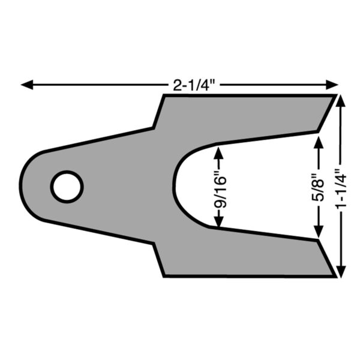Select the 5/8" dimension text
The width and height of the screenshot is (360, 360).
tap(319, 187)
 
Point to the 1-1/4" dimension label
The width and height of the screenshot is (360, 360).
tap(341, 189)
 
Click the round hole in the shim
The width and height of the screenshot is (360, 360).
tap(67, 187)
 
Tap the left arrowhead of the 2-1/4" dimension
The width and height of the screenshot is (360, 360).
tap(27, 85)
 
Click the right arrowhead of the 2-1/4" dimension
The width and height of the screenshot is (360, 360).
tap(332, 85)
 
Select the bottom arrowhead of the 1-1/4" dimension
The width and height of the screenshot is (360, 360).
tap(342, 272)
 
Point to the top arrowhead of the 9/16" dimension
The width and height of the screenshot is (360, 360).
tap(219, 153)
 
